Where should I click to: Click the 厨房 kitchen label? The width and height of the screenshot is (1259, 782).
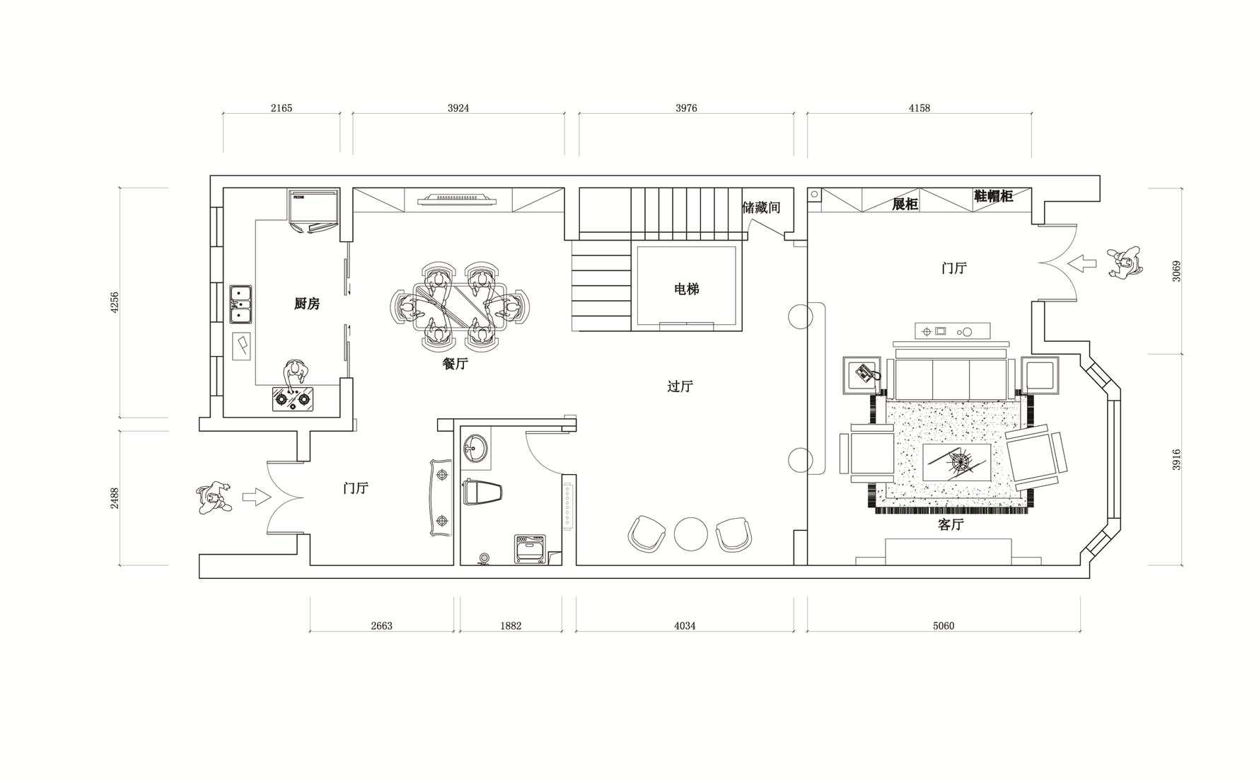(307, 304)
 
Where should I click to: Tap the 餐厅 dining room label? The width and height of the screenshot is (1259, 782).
(456, 364)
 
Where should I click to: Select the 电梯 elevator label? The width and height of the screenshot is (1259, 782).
(686, 289)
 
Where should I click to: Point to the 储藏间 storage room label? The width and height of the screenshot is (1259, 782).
(761, 207)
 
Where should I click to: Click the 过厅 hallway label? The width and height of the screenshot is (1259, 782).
(680, 386)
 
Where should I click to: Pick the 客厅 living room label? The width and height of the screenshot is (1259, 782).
(951, 524)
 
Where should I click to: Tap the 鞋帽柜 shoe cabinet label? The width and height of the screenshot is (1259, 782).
(994, 196)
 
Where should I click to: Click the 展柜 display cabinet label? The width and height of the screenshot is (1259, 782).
(905, 205)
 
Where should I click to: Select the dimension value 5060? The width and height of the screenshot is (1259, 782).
(944, 626)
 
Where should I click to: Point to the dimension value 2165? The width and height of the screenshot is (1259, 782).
(282, 108)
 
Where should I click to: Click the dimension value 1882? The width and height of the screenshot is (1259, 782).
(511, 626)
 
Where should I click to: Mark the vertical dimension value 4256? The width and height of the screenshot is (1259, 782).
(115, 303)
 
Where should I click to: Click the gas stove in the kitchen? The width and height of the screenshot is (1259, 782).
(293, 399)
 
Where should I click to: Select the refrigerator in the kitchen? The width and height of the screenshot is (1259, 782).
(315, 210)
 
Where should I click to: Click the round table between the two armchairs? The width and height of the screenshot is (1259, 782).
(691, 534)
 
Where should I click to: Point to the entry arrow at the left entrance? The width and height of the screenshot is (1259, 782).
(256, 496)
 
